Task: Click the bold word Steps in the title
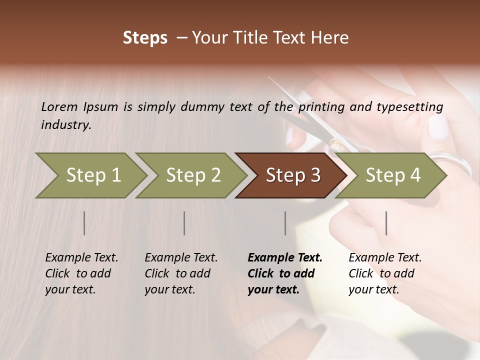pos(145,38)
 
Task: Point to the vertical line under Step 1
pos(84,223)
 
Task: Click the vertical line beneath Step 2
pos(184,223)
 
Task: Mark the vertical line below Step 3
pos(285,223)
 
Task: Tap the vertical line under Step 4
pos(386,223)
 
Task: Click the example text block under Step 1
pos(81,273)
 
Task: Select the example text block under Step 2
pos(181,273)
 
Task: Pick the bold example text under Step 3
pos(285,273)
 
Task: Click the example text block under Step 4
pos(385,273)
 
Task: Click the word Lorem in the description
pos(59,106)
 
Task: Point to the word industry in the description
pos(65,125)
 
